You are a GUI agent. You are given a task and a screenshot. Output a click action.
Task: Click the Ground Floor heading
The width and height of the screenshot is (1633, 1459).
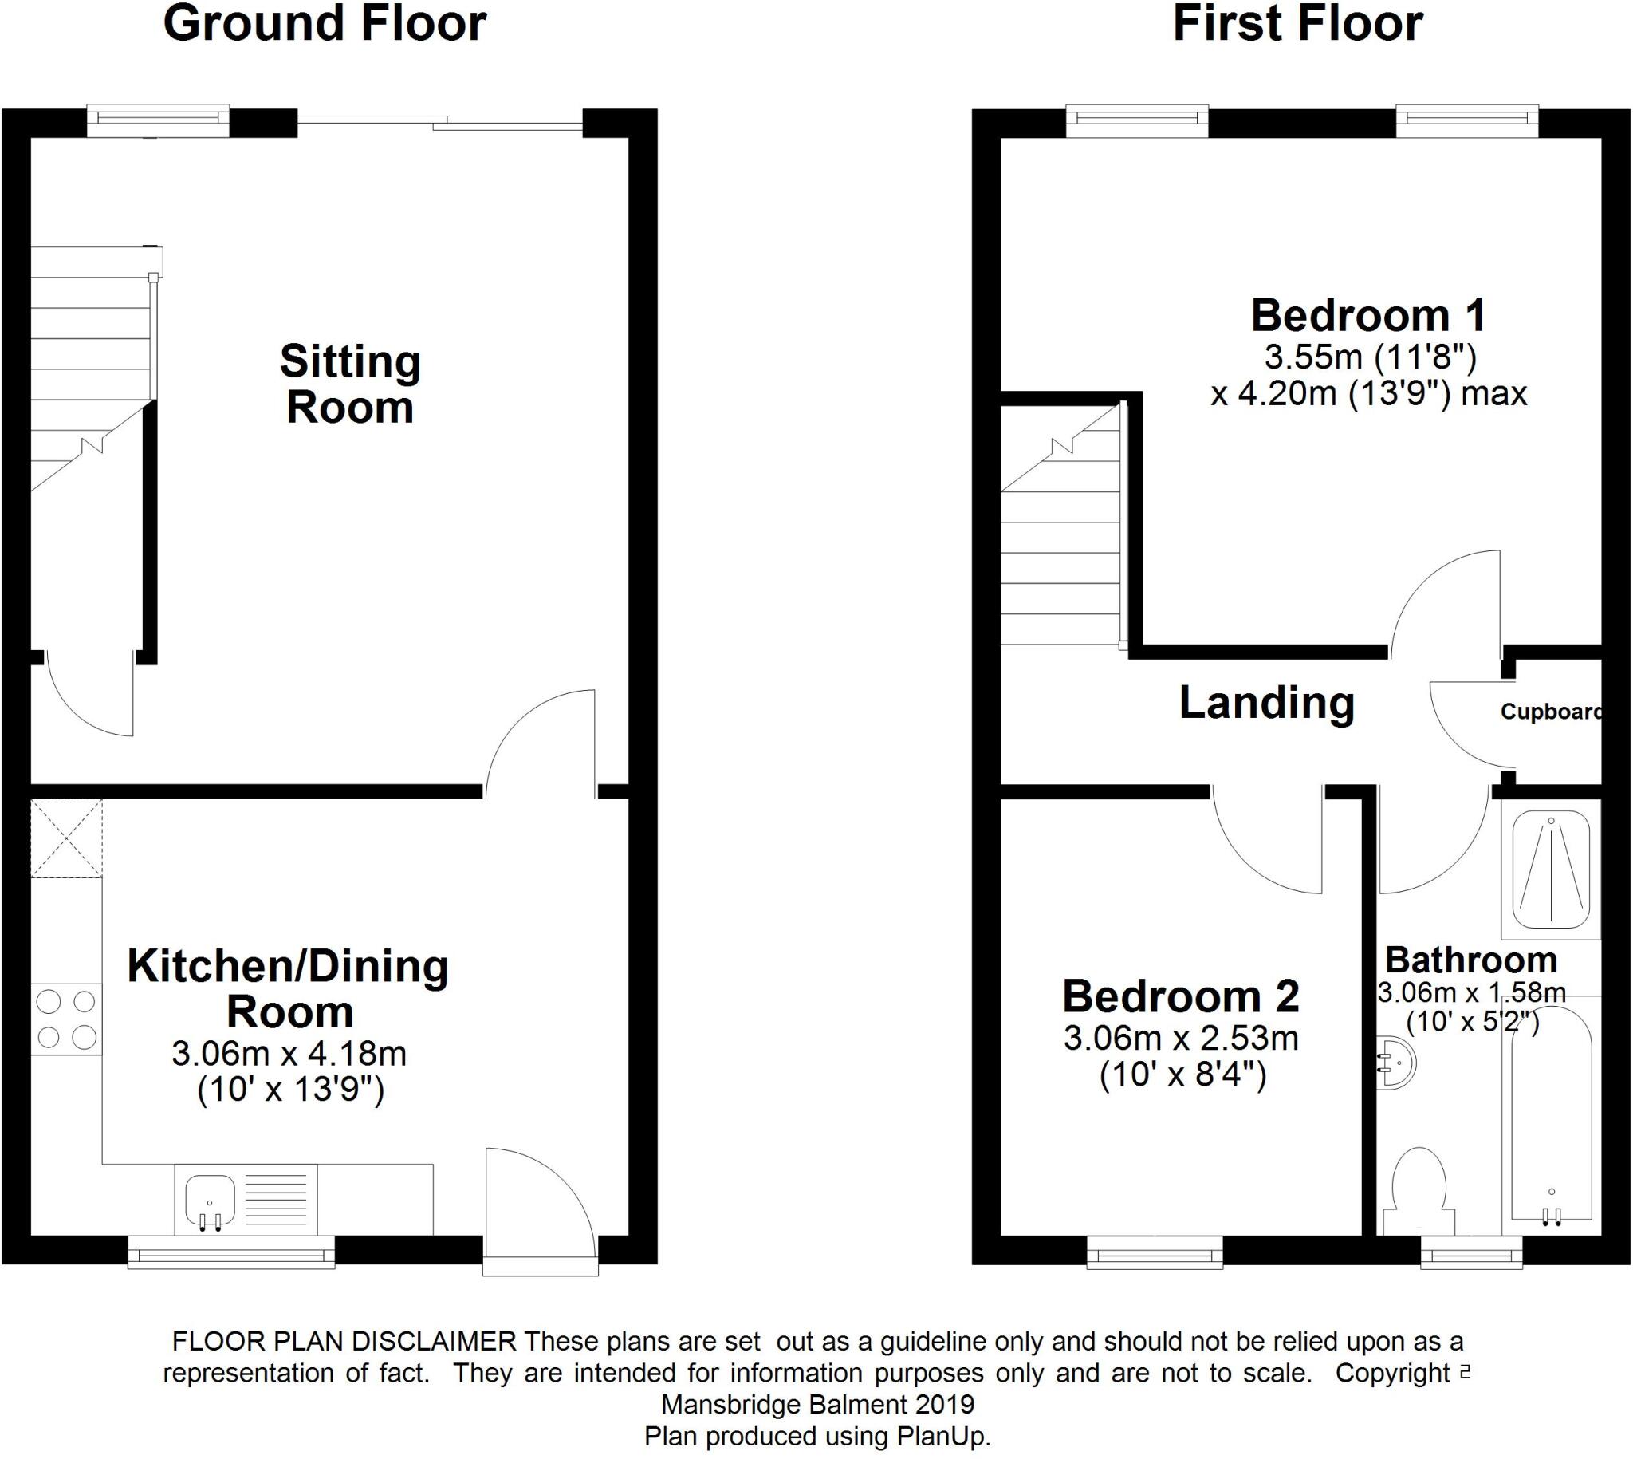tap(325, 24)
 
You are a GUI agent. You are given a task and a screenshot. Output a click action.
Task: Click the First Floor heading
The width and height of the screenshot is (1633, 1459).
tap(1297, 24)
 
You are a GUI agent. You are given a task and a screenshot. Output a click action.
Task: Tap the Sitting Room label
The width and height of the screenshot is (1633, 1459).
tap(350, 384)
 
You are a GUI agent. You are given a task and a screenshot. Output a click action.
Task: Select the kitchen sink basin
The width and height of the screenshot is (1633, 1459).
tap(209, 1201)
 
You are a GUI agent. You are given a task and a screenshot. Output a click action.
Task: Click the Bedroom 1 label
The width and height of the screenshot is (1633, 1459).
tap(1367, 316)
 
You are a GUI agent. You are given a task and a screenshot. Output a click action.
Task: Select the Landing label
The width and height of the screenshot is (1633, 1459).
tap(1267, 703)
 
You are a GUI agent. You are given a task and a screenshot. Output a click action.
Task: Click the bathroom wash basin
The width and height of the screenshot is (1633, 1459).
tap(1397, 1063)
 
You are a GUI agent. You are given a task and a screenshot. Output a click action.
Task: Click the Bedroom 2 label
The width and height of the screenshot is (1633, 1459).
tap(1180, 996)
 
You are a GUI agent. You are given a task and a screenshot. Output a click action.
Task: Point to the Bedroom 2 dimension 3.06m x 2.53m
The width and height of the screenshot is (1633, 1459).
tap(1180, 1039)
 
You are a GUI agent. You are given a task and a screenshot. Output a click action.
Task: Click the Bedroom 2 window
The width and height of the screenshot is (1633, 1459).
tap(1155, 1252)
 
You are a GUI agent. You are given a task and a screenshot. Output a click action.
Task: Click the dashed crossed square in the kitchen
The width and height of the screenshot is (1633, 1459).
tap(66, 837)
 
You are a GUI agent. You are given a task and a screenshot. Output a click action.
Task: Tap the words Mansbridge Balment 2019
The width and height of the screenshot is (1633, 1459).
tap(817, 1404)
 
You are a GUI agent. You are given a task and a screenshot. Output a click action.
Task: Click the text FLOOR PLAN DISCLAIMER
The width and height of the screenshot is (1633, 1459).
tap(344, 1341)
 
